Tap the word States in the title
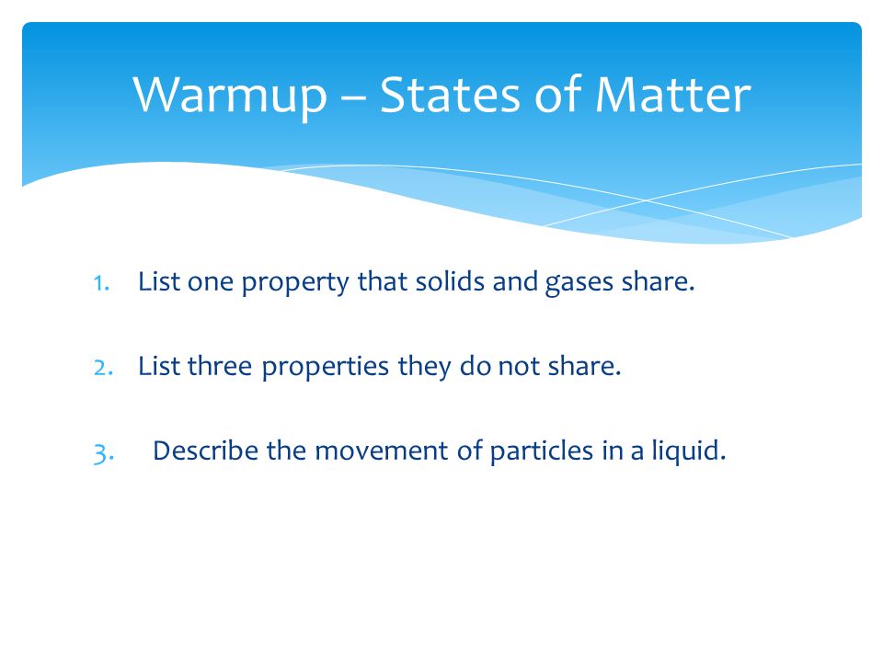[x=450, y=94]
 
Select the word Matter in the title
[x=673, y=94]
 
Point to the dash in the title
[x=353, y=97]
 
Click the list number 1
[x=101, y=283]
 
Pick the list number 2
[x=103, y=368]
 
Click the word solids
[x=450, y=281]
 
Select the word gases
[x=579, y=283]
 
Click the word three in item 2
[x=220, y=365]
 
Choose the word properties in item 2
[x=326, y=368]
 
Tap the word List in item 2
[x=159, y=365]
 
